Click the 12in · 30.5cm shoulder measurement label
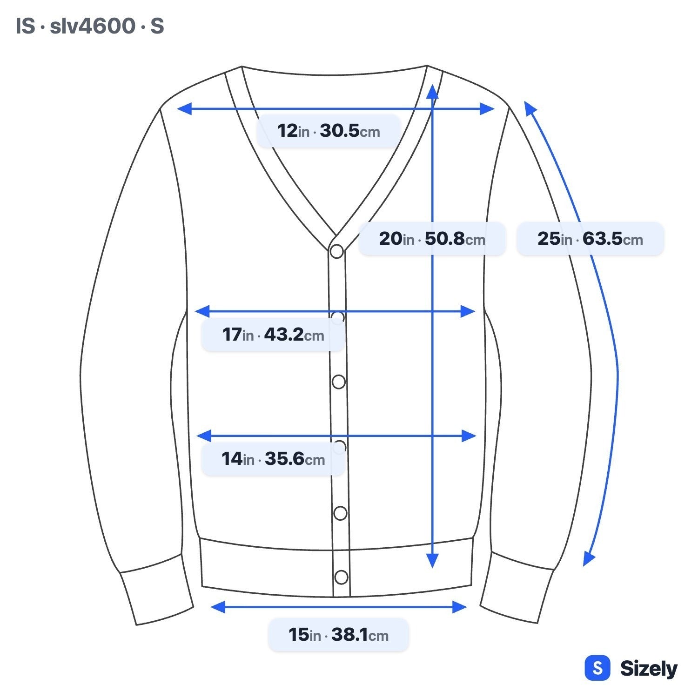(329, 131)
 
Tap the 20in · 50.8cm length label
(432, 239)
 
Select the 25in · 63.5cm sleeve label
(590, 239)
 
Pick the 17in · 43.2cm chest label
(273, 335)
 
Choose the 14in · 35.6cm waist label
(273, 459)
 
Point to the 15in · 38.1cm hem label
(338, 635)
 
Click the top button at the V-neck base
(336, 251)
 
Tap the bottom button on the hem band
(341, 577)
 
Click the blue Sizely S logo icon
(597, 668)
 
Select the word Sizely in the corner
(649, 669)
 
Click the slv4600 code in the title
(92, 26)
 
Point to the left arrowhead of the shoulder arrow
(184, 109)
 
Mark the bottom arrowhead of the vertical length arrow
(432, 561)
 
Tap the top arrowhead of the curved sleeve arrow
(530, 107)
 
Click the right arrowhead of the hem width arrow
(460, 607)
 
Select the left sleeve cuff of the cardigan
(156, 589)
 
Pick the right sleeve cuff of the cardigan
(517, 587)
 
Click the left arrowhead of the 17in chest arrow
(202, 311)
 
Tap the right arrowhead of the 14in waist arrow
(469, 436)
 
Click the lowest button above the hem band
(340, 513)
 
